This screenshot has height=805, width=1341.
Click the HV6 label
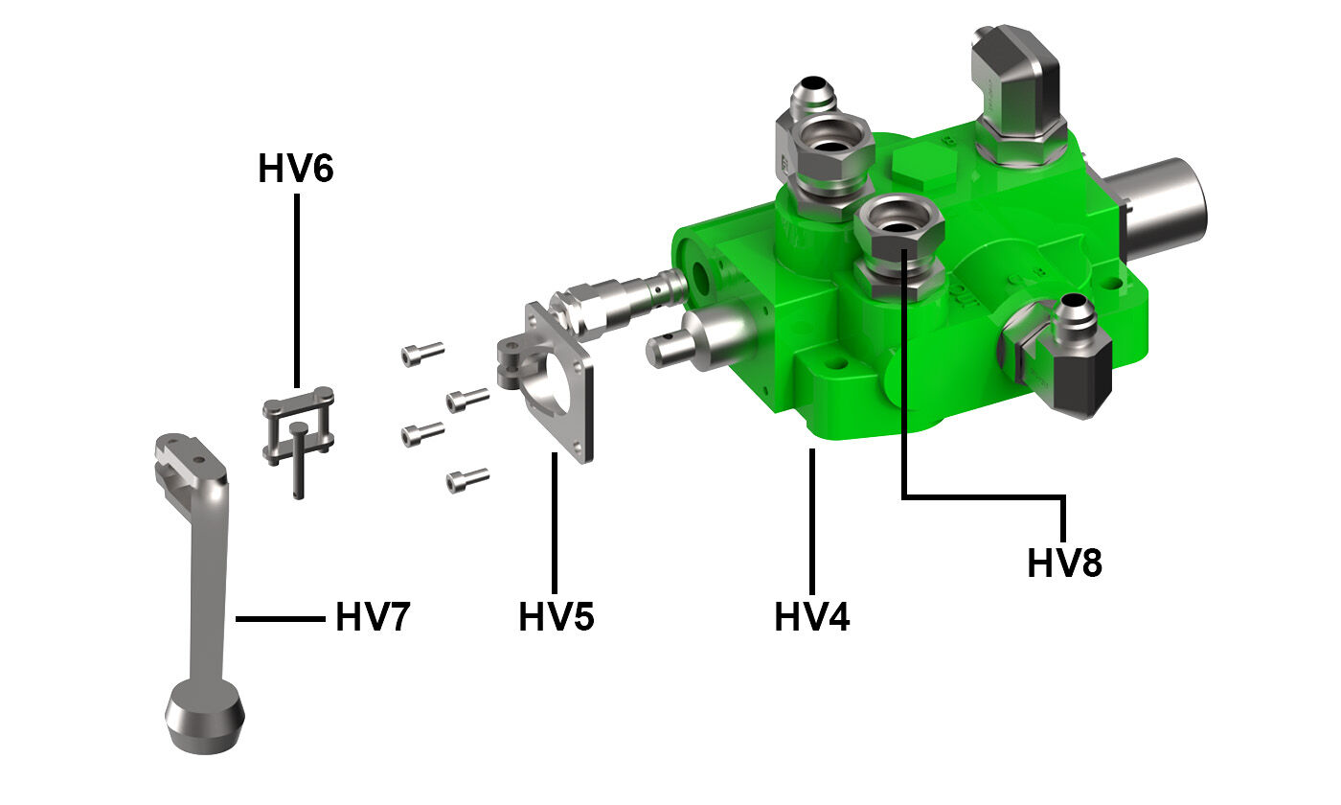(x=295, y=169)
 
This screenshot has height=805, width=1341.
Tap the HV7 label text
(x=373, y=618)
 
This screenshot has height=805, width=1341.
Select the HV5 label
(x=557, y=617)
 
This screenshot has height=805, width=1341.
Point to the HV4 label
(x=811, y=617)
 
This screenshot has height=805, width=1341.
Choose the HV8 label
(x=1064, y=563)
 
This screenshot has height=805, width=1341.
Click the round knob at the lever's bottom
(x=205, y=716)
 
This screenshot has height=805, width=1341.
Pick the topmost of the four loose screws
(x=422, y=354)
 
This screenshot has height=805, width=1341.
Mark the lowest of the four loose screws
(x=467, y=478)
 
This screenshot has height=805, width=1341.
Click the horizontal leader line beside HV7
(x=280, y=619)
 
